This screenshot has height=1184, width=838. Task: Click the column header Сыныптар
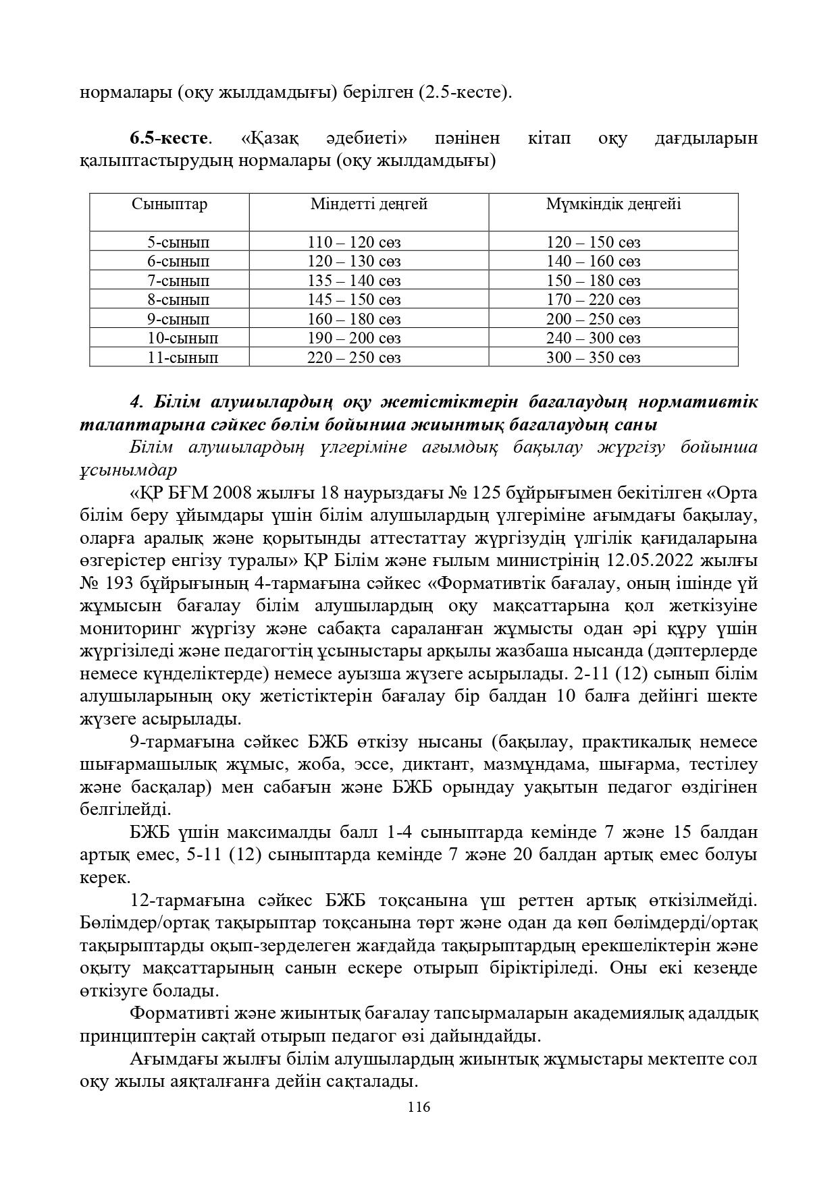pyautogui.click(x=169, y=204)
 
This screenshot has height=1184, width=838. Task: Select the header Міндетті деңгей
pyautogui.click(x=369, y=204)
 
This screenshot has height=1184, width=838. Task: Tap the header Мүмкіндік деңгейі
pyautogui.click(x=613, y=204)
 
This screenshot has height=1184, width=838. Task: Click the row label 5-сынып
pyautogui.click(x=178, y=242)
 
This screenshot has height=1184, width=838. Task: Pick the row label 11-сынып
pyautogui.click(x=183, y=358)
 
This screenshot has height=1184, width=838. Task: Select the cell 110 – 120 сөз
pyautogui.click(x=354, y=242)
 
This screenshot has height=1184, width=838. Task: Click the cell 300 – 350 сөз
pyautogui.click(x=593, y=358)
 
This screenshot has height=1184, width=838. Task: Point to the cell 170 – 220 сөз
pyautogui.click(x=593, y=300)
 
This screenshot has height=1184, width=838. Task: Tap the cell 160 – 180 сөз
pyautogui.click(x=354, y=319)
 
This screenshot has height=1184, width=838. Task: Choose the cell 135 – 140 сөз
pyautogui.click(x=354, y=281)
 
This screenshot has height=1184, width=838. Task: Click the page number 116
pyautogui.click(x=419, y=1107)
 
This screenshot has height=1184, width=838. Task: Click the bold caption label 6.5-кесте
pyautogui.click(x=168, y=139)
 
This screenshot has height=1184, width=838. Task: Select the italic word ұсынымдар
pyautogui.click(x=128, y=470)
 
